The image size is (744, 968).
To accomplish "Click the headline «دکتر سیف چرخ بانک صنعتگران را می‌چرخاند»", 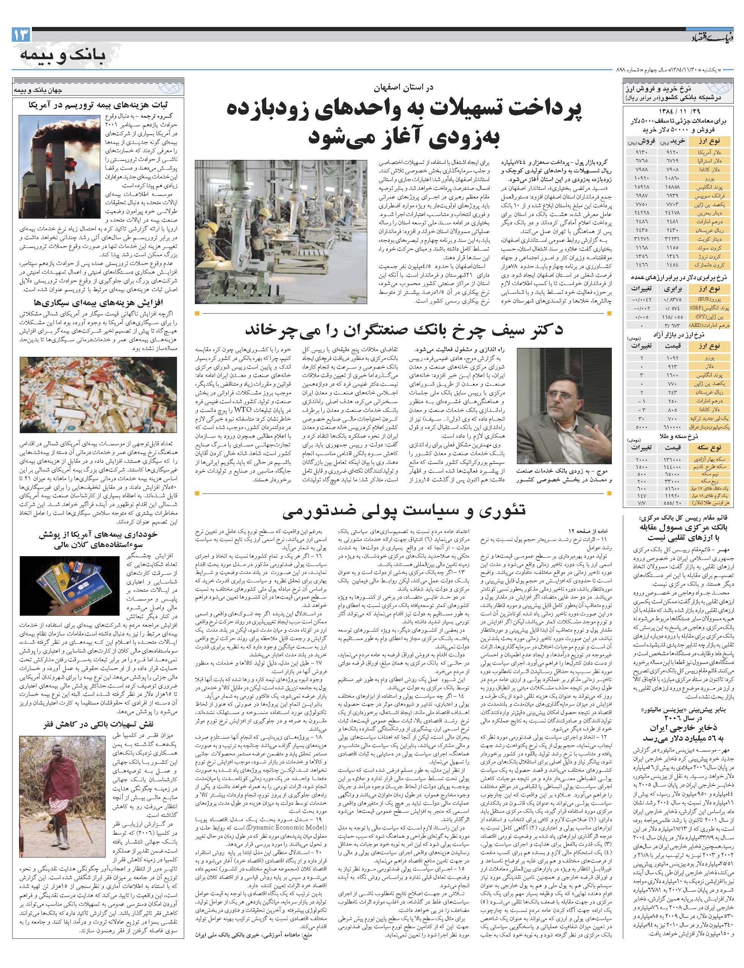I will [403, 330].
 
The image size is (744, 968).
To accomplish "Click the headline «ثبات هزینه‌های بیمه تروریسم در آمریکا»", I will [95, 106].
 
